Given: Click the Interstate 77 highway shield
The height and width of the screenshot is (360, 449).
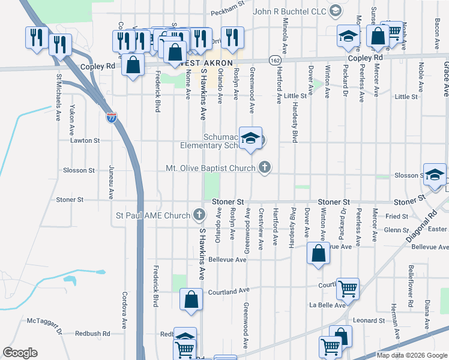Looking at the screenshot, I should (x=112, y=118).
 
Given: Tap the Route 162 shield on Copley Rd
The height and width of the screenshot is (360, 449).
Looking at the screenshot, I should (x=274, y=61).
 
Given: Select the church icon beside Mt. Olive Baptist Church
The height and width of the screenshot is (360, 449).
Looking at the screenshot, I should (x=264, y=168).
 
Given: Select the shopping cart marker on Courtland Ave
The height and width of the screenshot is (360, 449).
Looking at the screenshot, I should (x=348, y=289).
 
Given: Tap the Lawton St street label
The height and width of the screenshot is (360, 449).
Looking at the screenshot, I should (x=84, y=140).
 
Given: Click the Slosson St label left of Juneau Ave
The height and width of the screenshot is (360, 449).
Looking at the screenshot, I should (x=79, y=170).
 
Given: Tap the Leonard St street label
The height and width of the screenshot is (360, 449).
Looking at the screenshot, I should (x=369, y=320).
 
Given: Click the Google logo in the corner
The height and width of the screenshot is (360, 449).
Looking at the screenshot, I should (x=20, y=353).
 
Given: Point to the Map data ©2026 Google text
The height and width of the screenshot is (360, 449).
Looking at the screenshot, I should (x=411, y=355).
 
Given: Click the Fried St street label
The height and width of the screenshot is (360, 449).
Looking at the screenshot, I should (x=397, y=216).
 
